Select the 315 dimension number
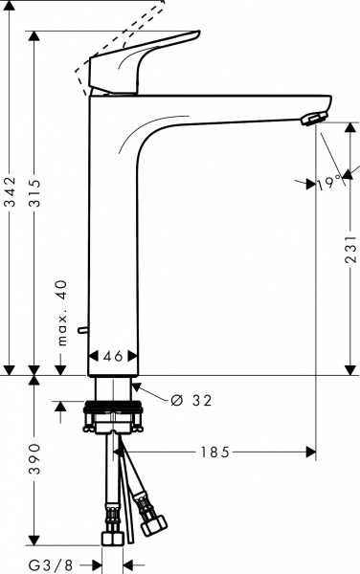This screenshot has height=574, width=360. pyautogui.click(x=35, y=203)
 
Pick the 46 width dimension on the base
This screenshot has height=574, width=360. pyautogui.click(x=113, y=356)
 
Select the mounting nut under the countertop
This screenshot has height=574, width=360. pyautogui.click(x=116, y=419)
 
